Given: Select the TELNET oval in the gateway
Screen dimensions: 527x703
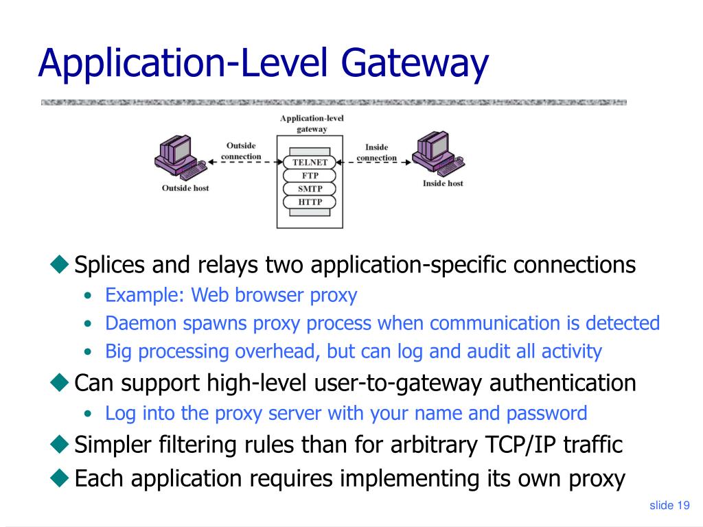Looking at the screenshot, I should [310, 163].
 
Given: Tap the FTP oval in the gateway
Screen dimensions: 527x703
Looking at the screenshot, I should [310, 176].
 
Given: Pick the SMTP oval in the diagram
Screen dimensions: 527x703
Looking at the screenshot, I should [310, 189].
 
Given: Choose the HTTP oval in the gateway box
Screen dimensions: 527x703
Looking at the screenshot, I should [310, 202].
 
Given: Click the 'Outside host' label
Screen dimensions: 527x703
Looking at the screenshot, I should [185, 188].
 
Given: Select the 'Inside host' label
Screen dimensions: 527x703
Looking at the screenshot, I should [443, 183].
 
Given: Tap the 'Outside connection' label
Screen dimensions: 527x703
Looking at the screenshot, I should [241, 151].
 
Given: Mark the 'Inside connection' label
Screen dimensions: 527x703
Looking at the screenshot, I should [376, 152].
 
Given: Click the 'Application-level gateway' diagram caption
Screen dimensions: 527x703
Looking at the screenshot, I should [312, 124].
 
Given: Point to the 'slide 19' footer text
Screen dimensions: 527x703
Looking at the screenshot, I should [669, 506].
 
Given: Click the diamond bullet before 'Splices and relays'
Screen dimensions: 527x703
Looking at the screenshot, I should [60, 263].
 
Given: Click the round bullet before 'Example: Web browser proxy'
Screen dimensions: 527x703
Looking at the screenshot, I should [88, 296].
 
